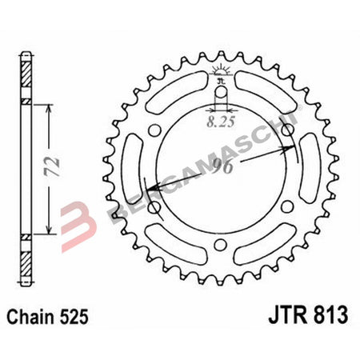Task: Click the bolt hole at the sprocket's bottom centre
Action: click(222, 242)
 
